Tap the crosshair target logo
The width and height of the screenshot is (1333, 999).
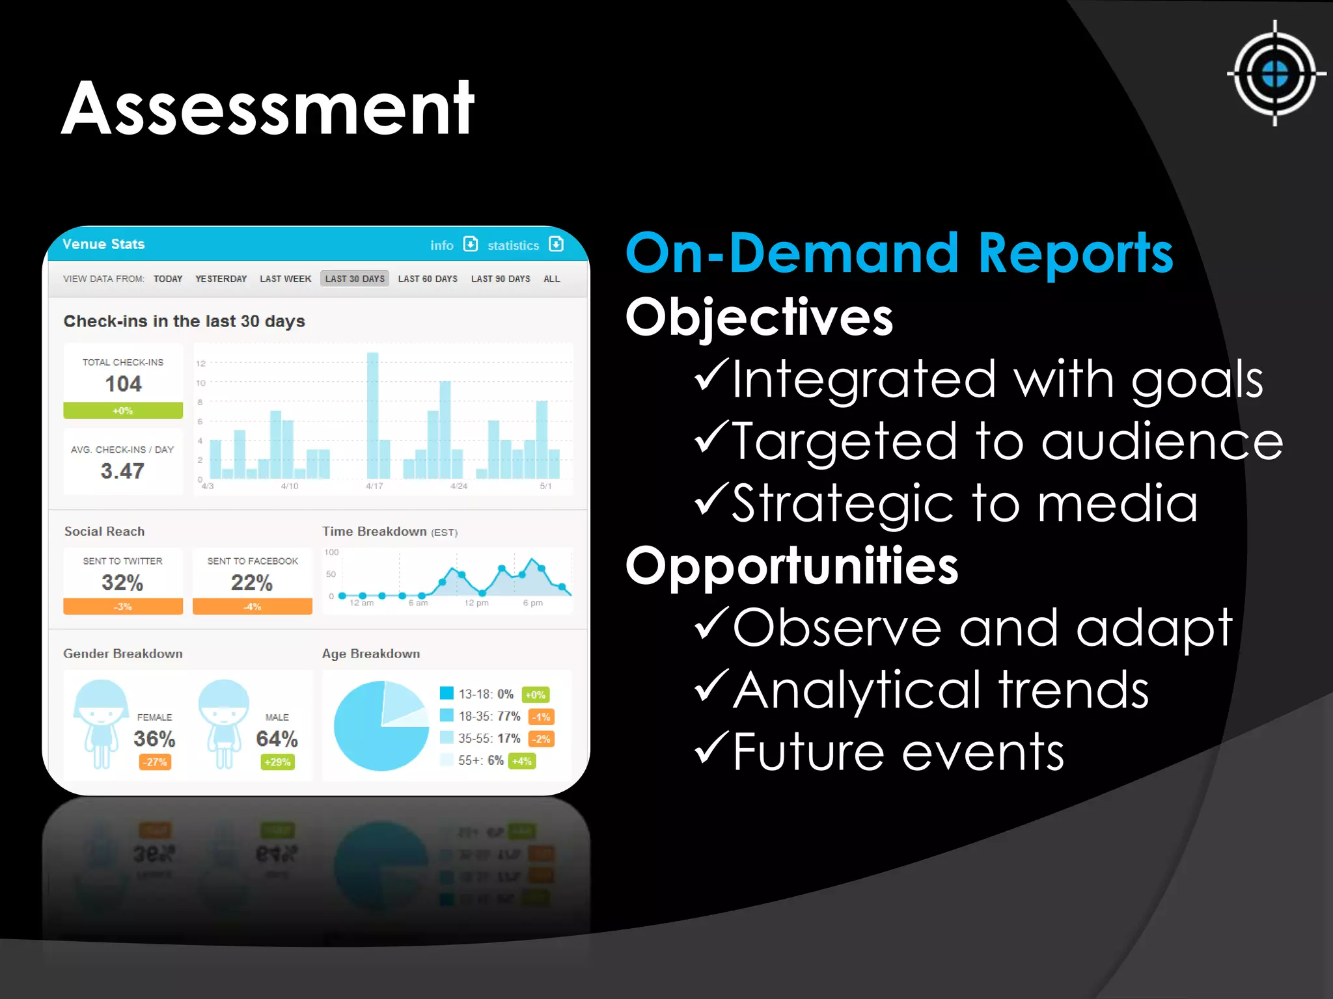[1274, 73]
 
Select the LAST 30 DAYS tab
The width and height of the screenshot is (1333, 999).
[355, 278]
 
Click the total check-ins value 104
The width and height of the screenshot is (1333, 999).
[123, 384]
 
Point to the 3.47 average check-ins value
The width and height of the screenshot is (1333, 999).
[122, 471]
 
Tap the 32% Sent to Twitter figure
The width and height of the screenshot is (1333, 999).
[122, 582]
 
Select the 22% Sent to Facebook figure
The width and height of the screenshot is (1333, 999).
[252, 582]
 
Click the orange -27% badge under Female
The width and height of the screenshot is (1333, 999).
[155, 762]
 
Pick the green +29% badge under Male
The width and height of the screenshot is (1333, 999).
[277, 762]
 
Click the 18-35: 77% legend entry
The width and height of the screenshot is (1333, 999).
[489, 716]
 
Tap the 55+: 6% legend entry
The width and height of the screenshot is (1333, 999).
[480, 760]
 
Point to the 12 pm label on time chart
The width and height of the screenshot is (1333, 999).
[476, 603]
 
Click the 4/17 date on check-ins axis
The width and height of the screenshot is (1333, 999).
[374, 486]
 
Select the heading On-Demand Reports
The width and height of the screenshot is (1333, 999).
[899, 254]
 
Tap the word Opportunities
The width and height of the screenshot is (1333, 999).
[791, 566]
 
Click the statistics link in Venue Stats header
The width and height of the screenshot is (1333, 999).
[513, 245]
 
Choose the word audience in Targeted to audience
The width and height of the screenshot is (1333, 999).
[1162, 442]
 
